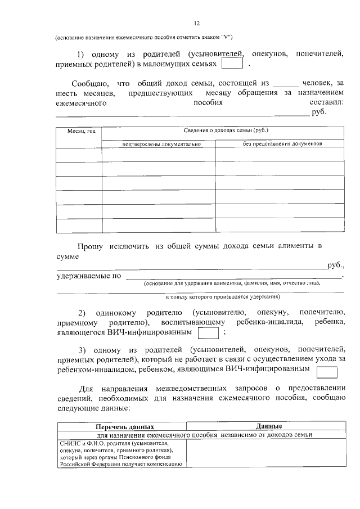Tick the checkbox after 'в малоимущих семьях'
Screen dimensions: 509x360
[232, 64]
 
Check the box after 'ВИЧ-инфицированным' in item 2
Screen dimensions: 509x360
[209, 334]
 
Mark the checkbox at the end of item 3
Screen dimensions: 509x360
[327, 371]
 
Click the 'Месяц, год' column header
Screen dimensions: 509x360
[82, 131]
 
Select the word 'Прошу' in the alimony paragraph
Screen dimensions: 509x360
[91, 246]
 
